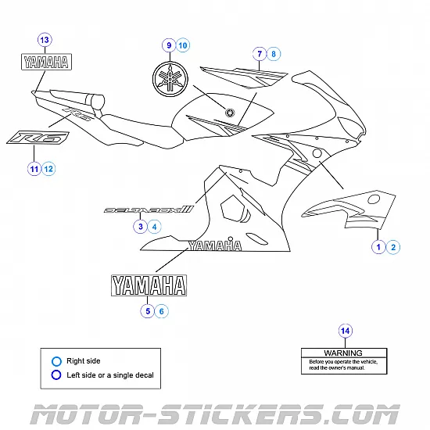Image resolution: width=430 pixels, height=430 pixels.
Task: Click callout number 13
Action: coord(44,40)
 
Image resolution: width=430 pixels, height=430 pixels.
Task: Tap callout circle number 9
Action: coord(167,46)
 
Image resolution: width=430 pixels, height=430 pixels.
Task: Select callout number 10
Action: coord(183,46)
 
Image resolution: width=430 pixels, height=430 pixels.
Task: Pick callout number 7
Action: coord(259,54)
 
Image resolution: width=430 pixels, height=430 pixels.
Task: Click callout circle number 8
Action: coord(274,54)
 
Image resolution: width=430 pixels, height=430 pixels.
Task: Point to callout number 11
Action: coord(34,168)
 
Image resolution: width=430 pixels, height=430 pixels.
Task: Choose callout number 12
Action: coord(48,168)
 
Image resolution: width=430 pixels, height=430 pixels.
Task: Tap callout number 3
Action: coord(140,227)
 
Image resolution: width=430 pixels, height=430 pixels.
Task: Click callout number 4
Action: coord(155,227)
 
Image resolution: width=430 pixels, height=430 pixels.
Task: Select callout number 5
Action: coord(147,310)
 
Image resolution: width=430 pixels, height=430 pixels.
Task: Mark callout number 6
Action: coord(162,310)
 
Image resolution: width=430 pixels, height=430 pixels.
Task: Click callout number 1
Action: coord(378,247)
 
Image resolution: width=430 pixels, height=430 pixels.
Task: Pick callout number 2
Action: coord(394,247)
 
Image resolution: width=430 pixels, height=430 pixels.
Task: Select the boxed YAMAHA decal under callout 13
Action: coord(45,63)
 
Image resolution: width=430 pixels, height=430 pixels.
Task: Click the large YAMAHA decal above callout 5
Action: coord(149,285)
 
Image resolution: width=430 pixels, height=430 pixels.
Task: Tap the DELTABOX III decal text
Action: coord(149,210)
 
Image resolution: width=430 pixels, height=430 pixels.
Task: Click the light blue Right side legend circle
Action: coord(56,361)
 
